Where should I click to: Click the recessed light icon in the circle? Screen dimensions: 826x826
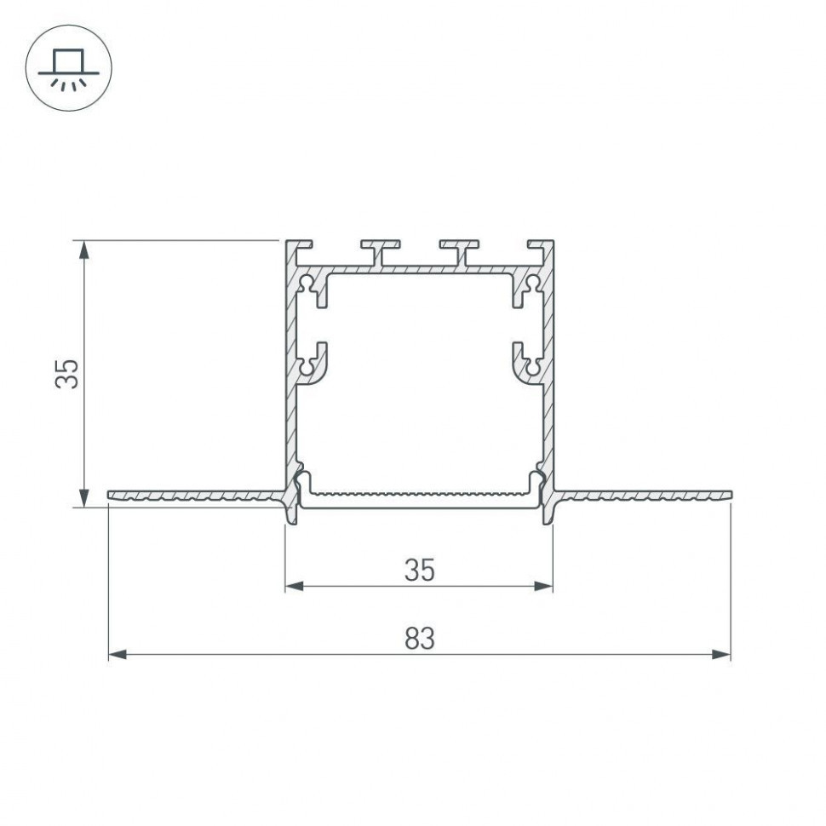(69, 68)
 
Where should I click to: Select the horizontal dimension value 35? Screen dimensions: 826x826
(419, 570)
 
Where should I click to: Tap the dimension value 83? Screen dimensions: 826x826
(419, 639)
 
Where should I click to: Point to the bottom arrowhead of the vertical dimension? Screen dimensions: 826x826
(83, 497)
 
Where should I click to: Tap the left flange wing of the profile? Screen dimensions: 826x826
(196, 495)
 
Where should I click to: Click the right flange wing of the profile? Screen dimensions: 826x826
(643, 495)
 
